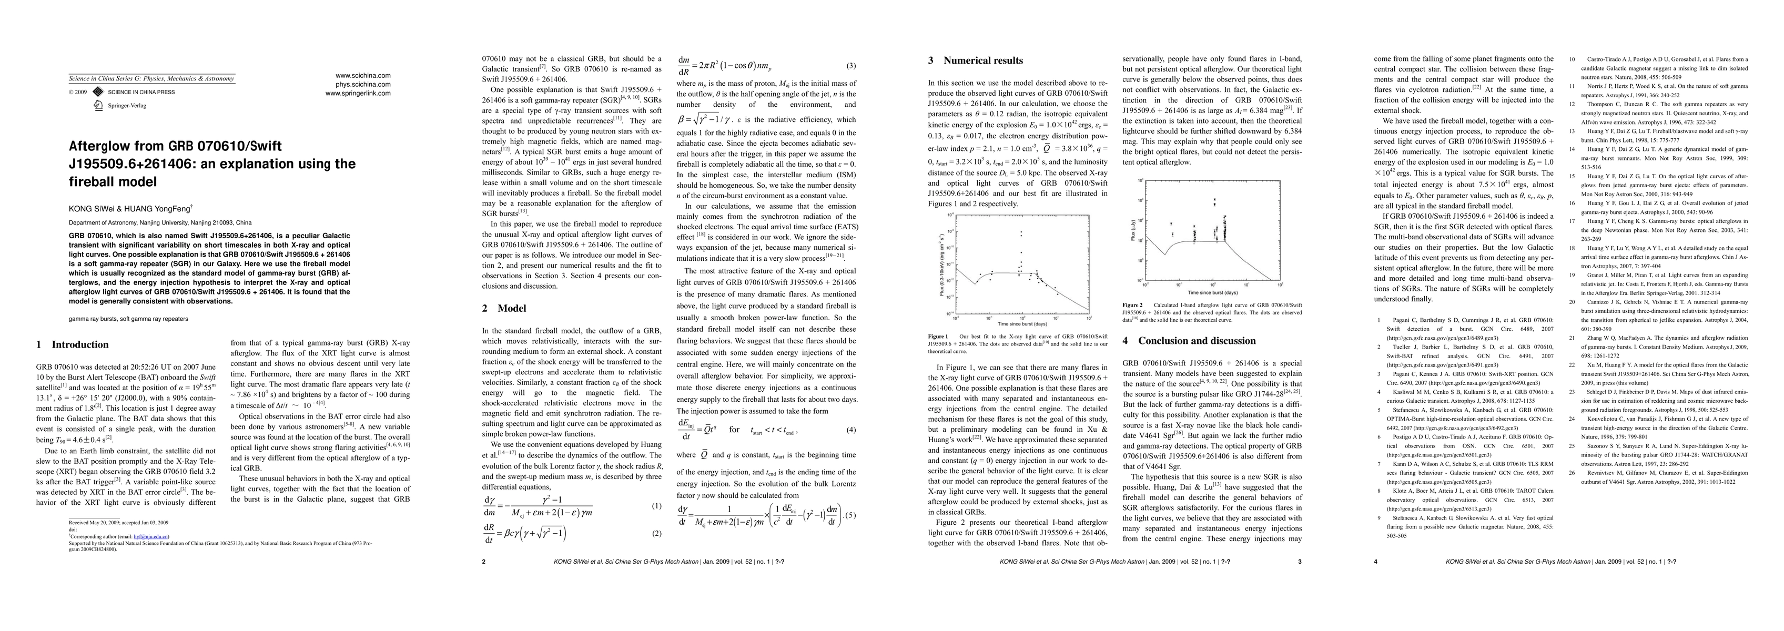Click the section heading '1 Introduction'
[x=72, y=345]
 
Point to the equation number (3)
[x=851, y=66]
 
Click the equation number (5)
[x=851, y=515]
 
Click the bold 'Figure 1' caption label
[x=938, y=337]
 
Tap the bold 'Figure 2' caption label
[x=1132, y=305]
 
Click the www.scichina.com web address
[x=363, y=76]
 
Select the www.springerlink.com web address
[x=358, y=93]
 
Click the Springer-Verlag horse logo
[x=98, y=105]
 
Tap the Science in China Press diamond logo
[x=98, y=92]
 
